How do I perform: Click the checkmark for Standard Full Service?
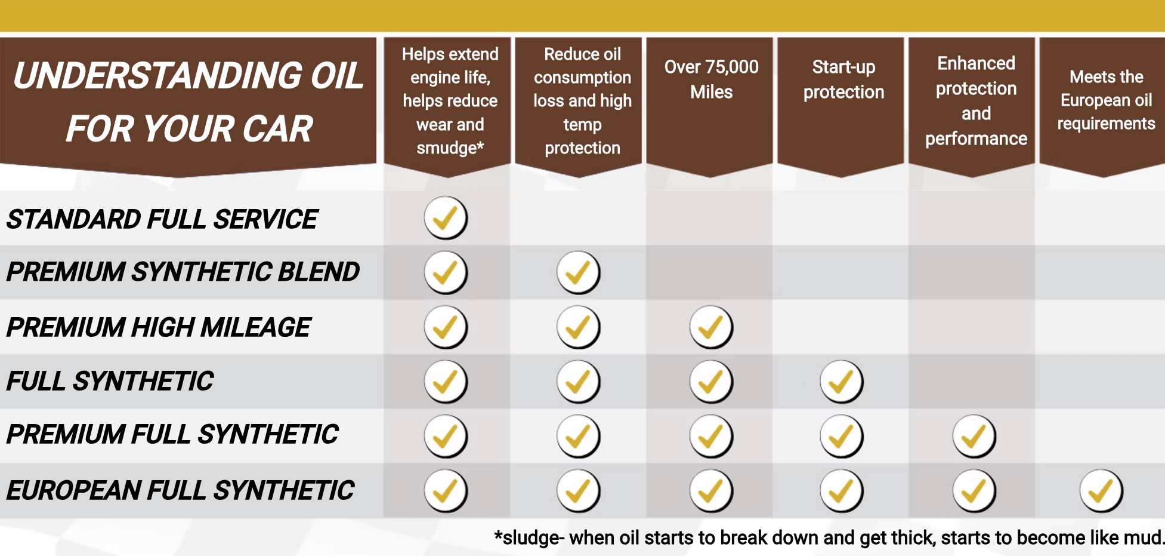point(446,218)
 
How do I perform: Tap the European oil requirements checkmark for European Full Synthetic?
point(1101,491)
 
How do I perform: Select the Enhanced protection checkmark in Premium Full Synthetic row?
point(974,436)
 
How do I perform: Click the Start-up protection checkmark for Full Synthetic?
point(841,382)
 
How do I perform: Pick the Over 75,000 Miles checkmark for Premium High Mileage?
point(710,327)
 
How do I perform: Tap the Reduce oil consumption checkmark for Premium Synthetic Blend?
point(578,272)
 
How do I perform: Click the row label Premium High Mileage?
point(159,327)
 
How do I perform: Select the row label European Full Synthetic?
point(180,490)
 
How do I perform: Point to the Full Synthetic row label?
point(110,381)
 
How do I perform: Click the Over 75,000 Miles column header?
point(711,79)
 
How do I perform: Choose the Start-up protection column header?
point(843,79)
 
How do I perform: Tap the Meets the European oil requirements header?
point(1106,100)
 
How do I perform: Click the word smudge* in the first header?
point(450,148)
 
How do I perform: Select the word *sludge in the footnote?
point(527,538)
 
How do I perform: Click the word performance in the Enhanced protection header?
point(976,139)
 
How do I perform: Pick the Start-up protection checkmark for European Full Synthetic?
point(841,491)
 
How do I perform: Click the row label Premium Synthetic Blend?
point(183,272)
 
